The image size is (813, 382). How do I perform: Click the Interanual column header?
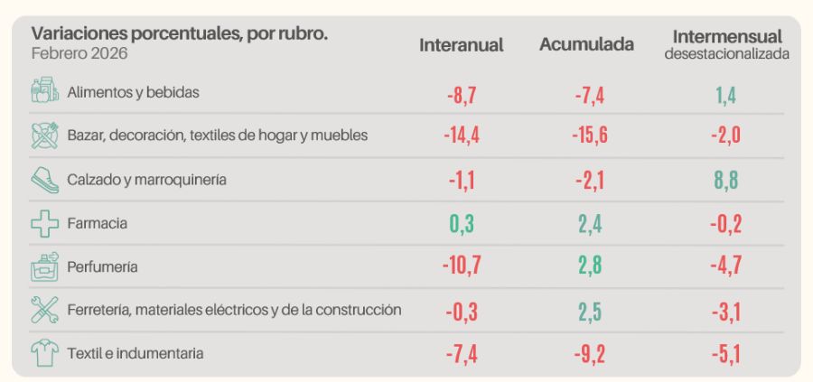click(461, 44)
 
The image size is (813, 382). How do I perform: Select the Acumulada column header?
click(586, 44)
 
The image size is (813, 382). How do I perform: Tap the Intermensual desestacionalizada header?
click(726, 44)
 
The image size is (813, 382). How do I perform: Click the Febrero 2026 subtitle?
click(79, 53)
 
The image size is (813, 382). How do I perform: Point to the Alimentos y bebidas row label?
click(133, 92)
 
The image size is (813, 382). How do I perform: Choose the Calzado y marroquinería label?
click(146, 180)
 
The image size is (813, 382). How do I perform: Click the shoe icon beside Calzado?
click(44, 180)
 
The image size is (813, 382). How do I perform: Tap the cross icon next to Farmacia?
click(44, 223)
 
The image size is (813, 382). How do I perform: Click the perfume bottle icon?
click(44, 266)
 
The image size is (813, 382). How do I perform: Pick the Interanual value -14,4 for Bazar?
click(461, 136)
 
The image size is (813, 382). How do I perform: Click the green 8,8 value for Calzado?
click(726, 180)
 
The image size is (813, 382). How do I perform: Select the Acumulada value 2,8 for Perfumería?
click(589, 266)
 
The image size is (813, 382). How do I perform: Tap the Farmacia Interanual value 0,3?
click(462, 223)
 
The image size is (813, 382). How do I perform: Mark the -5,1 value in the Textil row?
click(725, 354)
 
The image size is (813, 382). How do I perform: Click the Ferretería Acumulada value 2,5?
click(589, 311)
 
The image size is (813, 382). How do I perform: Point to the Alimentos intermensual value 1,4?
click(726, 93)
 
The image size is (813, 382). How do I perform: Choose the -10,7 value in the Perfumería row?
click(461, 266)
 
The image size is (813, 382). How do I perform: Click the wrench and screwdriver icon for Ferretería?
click(44, 311)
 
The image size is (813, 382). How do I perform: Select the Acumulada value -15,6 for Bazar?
click(589, 136)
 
